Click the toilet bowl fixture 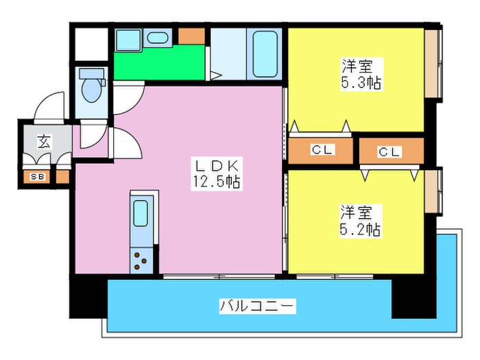click(90, 88)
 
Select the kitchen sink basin click(141, 213)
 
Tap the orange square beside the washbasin click(192, 36)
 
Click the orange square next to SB click(62, 177)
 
